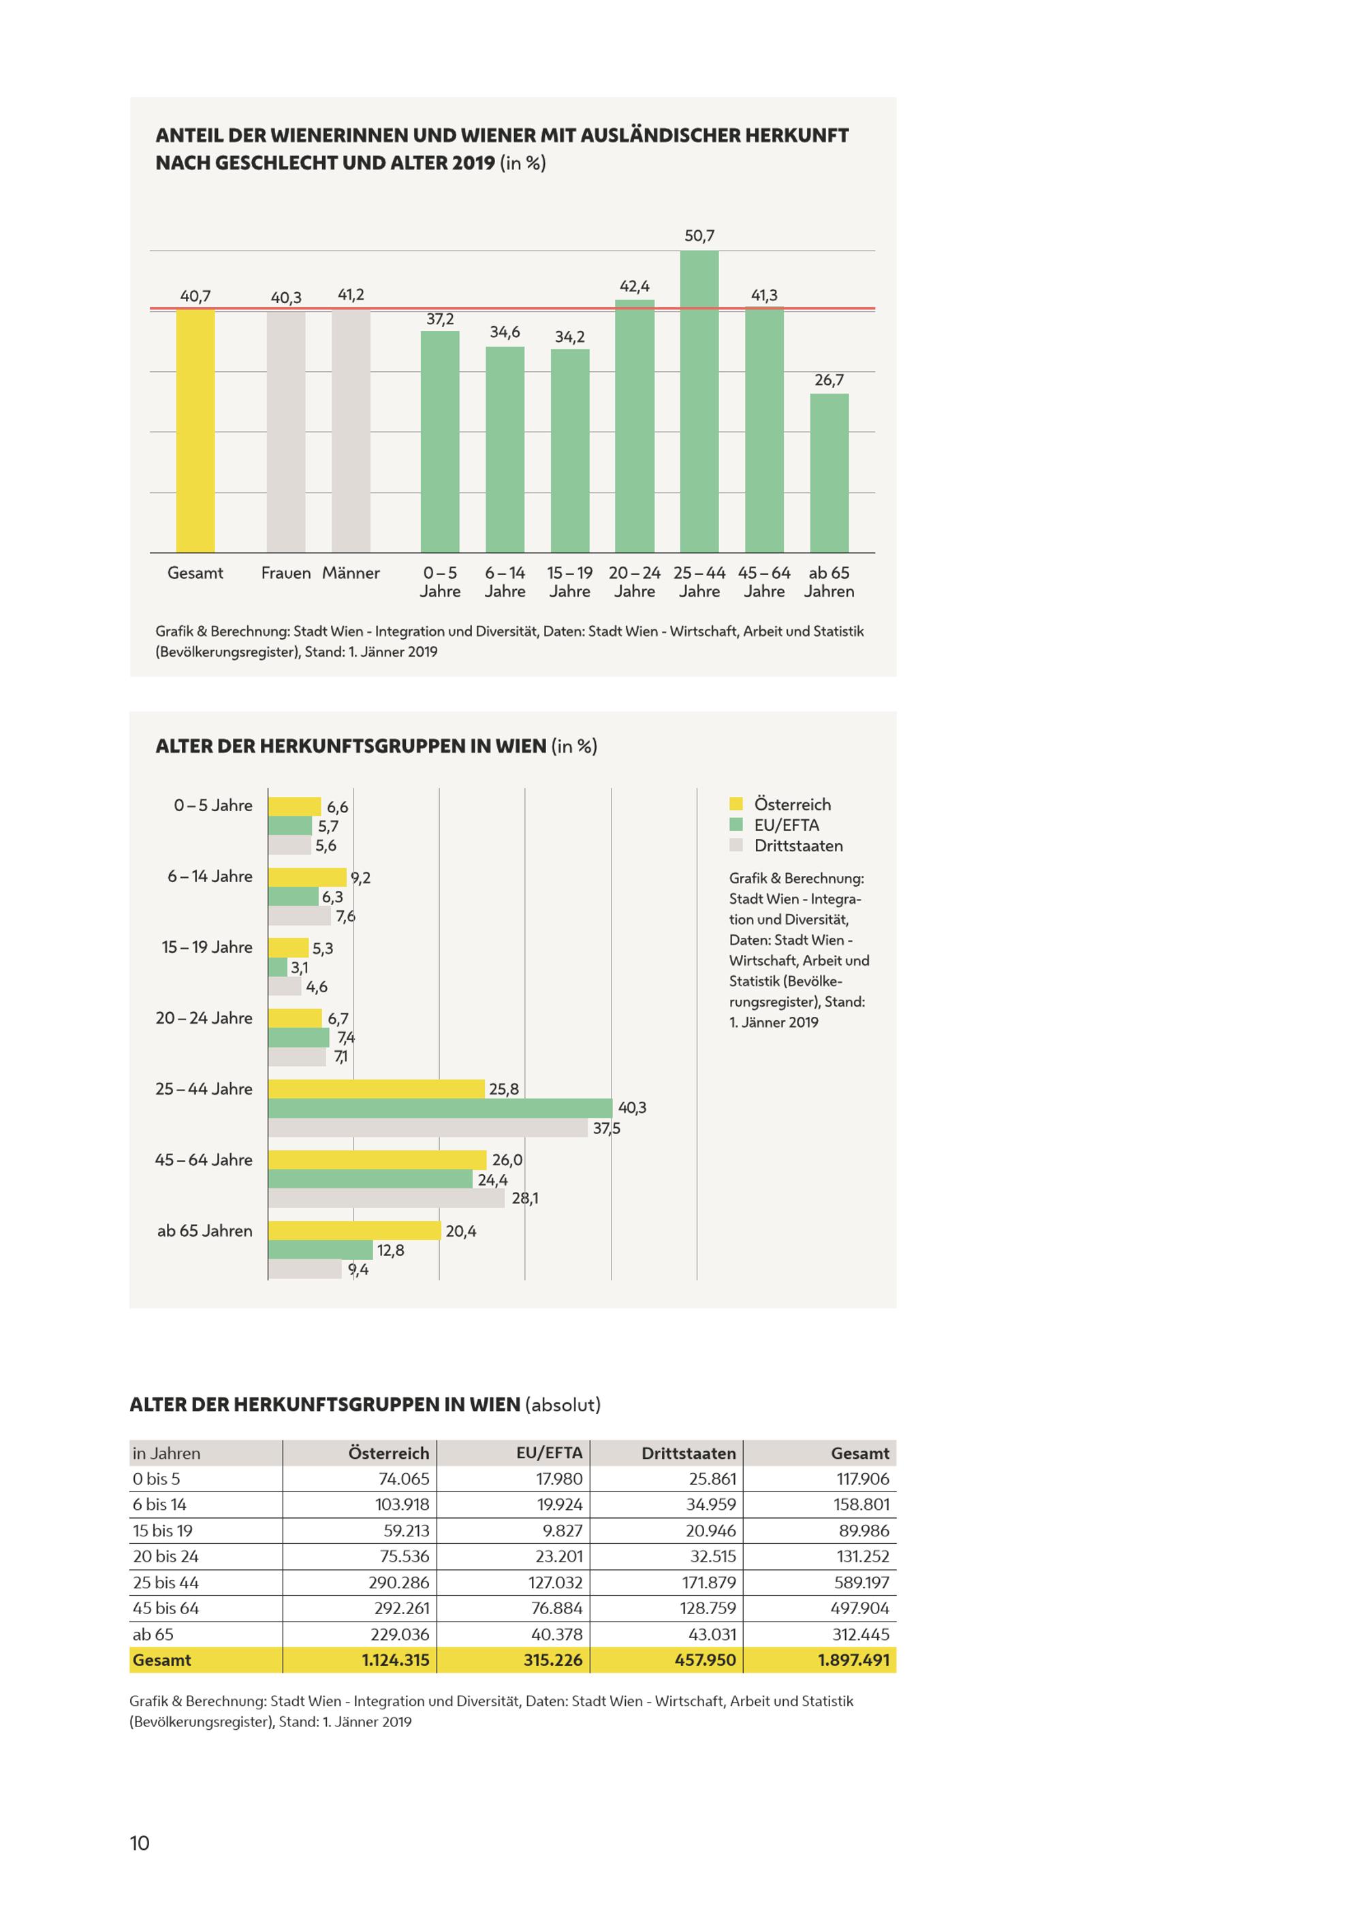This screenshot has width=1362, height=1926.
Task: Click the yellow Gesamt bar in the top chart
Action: pyautogui.click(x=195, y=430)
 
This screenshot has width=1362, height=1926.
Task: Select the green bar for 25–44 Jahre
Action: pyautogui.click(x=699, y=401)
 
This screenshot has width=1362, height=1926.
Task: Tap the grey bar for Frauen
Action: pyautogui.click(x=286, y=432)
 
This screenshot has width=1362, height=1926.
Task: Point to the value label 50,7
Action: pyautogui.click(x=699, y=236)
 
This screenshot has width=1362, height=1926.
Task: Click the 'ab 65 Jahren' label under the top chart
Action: pyautogui.click(x=829, y=582)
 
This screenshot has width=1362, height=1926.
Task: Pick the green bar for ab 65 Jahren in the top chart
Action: pyautogui.click(x=829, y=473)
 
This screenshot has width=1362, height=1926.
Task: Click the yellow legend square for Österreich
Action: pyautogui.click(x=736, y=804)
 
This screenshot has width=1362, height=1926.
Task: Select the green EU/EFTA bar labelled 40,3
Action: pyautogui.click(x=441, y=1108)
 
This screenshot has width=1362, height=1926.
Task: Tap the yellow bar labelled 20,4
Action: pyautogui.click(x=355, y=1231)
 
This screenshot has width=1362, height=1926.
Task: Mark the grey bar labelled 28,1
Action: pyautogui.click(x=387, y=1198)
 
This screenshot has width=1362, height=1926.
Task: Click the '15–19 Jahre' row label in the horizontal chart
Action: pyautogui.click(x=207, y=947)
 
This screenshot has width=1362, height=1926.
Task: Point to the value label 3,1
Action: pyautogui.click(x=300, y=968)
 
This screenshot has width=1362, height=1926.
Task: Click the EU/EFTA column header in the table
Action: pyautogui.click(x=550, y=1453)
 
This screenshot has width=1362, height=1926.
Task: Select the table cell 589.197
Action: pyautogui.click(x=863, y=1582)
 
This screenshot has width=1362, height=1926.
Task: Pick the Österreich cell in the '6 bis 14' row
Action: pyautogui.click(x=402, y=1504)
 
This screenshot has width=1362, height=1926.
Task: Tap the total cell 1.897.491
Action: pyautogui.click(x=854, y=1660)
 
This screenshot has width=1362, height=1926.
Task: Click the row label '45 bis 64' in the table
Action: pyautogui.click(x=166, y=1608)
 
